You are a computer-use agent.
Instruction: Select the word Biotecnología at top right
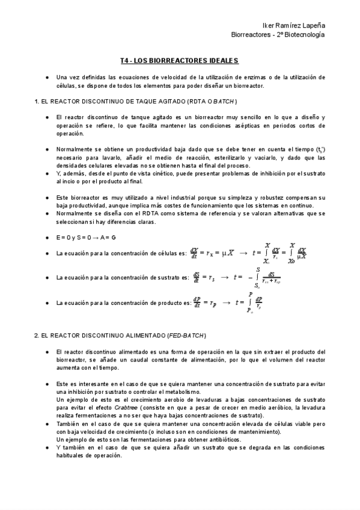pos(304,35)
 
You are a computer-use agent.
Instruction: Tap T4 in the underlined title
pos(124,61)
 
